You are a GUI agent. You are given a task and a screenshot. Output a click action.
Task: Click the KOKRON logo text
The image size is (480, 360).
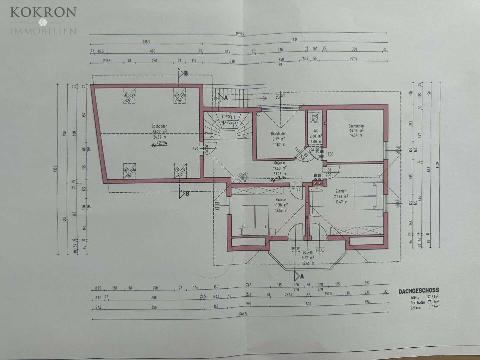coord(43,13)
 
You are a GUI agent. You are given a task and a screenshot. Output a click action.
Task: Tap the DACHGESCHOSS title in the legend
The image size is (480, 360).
coord(419,291)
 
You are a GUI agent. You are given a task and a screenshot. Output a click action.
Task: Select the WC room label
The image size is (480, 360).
coord(315,131)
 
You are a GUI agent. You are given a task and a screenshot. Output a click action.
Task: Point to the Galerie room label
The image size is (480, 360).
coord(279,163)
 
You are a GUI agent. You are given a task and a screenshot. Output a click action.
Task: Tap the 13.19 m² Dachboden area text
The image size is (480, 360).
coord(356,131)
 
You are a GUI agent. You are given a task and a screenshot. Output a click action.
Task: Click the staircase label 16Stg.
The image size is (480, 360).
coord(228,117)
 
